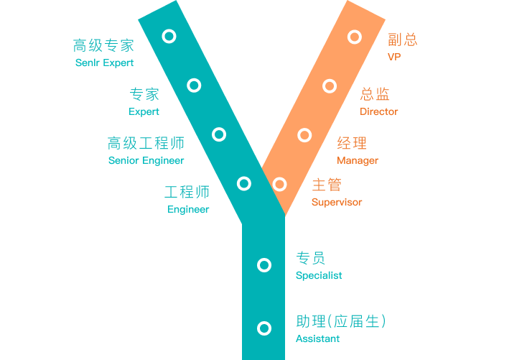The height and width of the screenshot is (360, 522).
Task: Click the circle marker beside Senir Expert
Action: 169,36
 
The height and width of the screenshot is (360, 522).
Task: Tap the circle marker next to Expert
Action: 194,86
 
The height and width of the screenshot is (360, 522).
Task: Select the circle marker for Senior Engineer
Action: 219,134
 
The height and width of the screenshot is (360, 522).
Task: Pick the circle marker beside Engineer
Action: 244,183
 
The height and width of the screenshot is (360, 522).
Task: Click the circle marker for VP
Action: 354,37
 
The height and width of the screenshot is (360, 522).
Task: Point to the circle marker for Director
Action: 330,86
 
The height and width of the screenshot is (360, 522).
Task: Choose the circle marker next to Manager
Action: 304,135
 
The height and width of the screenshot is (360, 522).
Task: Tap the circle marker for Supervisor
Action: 280,185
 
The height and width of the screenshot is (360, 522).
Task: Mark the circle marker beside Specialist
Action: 264,265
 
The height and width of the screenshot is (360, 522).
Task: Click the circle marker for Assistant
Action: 264,328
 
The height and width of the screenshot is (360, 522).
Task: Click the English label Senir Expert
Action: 104,63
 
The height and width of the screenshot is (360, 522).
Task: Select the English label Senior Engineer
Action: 146,160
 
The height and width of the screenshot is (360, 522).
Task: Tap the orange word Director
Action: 379,111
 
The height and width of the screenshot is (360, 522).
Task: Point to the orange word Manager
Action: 358,160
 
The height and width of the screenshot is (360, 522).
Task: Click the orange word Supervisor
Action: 337,202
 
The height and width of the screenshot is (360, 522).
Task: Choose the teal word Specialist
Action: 319,275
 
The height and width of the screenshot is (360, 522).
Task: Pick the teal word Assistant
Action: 317,338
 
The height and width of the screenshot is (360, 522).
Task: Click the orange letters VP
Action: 393,57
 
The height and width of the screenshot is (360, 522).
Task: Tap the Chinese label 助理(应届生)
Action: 341,321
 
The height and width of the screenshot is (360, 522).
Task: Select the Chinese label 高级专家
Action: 103,45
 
